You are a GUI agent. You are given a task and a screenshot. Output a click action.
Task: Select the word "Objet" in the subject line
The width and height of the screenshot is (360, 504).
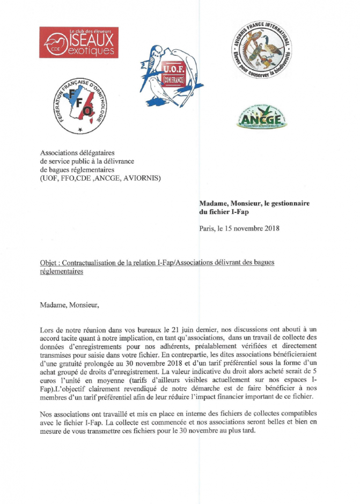click(x=49, y=263)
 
